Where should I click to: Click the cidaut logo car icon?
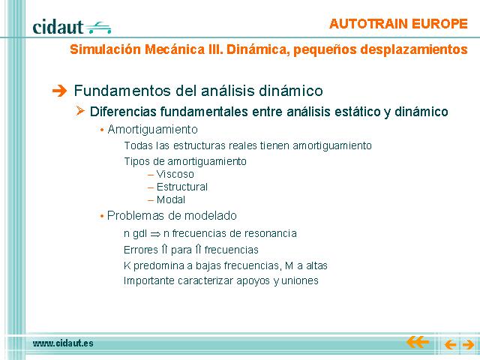98,28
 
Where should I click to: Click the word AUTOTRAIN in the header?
368,24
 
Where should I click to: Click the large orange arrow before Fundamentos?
59,91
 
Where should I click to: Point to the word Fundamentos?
123,91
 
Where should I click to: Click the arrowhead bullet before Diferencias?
80,110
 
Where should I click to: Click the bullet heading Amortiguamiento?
153,130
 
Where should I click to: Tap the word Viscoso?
175,174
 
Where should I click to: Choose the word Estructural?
182,187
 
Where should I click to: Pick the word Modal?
171,199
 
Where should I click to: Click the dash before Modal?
150,200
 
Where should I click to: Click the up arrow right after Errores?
164,250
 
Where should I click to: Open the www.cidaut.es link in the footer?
63,343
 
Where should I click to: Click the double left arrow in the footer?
418,342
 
